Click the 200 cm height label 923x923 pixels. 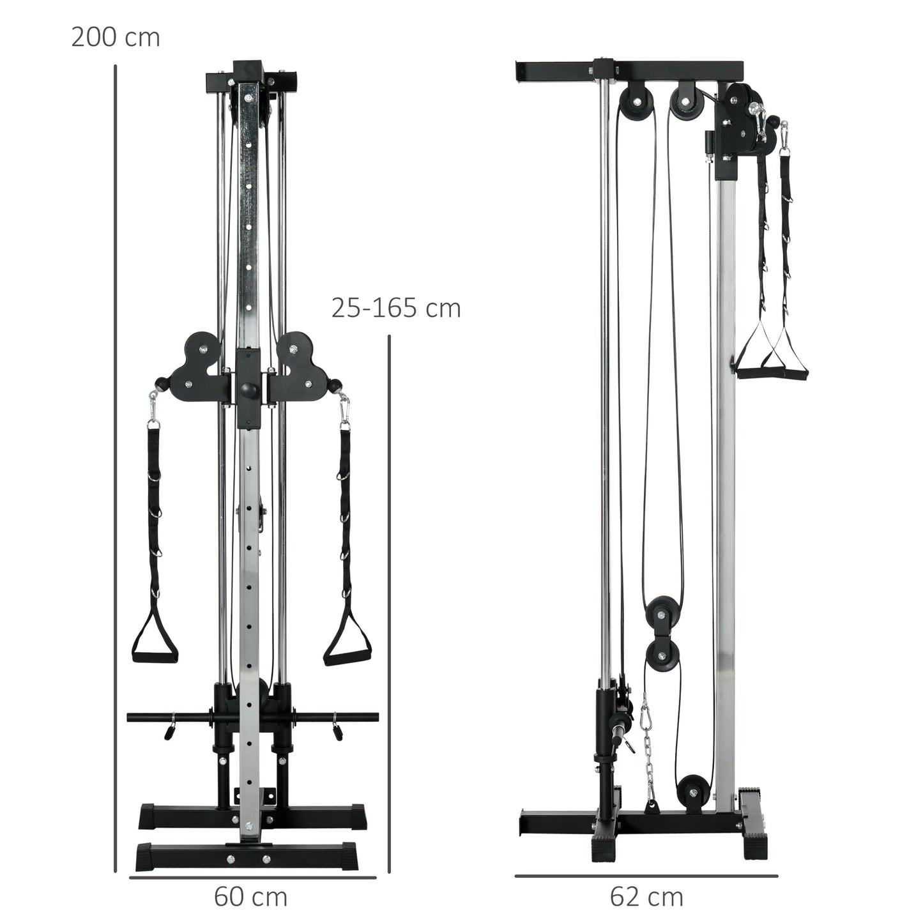coord(115,38)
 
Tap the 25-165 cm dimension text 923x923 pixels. coord(395,309)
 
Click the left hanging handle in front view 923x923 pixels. coord(155,639)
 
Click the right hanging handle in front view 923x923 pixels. coord(347,639)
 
